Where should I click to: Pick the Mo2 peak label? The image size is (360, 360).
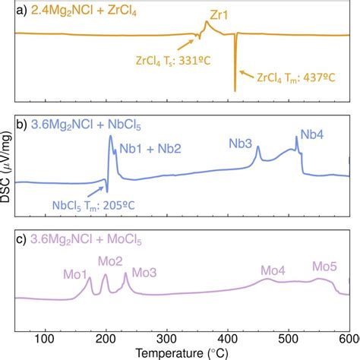click(111, 262)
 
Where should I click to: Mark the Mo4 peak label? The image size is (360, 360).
click(273, 270)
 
